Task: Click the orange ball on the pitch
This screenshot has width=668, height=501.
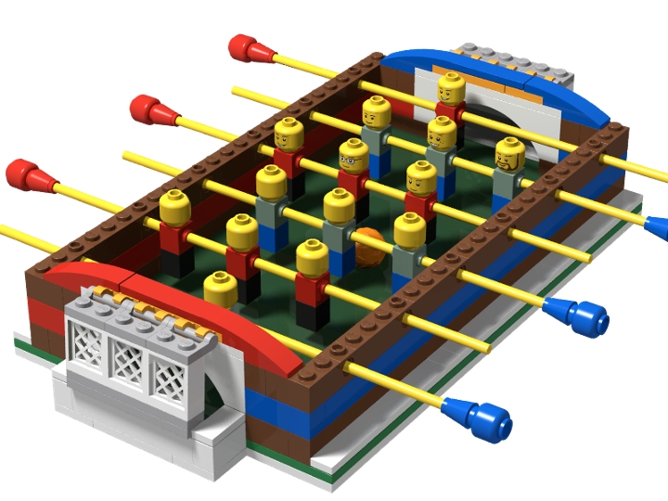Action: (x=368, y=243)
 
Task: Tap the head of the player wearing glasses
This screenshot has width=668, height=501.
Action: (x=352, y=156)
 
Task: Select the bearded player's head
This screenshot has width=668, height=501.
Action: (x=509, y=154)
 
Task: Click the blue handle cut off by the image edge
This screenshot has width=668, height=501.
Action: (x=657, y=225)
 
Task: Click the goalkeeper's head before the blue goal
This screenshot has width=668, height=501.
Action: (x=451, y=90)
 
